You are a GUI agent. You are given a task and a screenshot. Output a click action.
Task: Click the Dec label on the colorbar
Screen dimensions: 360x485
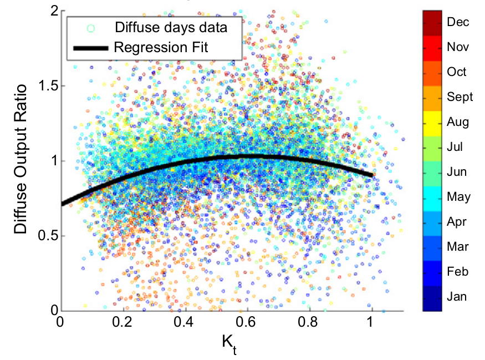pos(457,22)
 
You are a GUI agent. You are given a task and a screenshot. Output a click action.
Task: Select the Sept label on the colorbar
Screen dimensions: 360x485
pos(460,97)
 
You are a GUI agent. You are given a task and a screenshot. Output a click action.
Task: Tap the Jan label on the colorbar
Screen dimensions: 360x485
pos(457,297)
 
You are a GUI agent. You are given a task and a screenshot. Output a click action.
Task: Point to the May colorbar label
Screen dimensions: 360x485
pos(458,197)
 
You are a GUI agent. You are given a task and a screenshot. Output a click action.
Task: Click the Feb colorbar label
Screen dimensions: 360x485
pos(457,272)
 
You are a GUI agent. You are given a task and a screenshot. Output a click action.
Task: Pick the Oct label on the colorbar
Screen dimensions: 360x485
pos(456,72)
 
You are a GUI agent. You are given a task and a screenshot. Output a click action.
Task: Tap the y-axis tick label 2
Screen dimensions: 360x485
pos(50,11)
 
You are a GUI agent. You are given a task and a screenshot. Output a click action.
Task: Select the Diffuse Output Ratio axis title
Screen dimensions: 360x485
pos(21,161)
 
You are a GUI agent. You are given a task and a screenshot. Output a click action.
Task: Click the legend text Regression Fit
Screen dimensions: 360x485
pos(160,48)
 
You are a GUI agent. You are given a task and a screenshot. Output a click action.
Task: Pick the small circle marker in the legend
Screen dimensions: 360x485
pos(89,27)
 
